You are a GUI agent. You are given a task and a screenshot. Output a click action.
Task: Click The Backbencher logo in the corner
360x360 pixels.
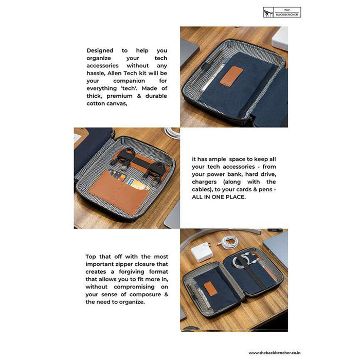point(282,12)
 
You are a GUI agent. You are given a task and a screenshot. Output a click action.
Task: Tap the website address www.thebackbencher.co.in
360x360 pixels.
point(275,353)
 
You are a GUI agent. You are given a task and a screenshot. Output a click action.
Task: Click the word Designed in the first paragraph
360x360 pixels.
point(100,50)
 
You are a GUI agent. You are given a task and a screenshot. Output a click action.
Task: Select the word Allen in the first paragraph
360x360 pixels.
point(115,73)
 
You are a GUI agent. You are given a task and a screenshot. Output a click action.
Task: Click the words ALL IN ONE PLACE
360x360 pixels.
point(219,197)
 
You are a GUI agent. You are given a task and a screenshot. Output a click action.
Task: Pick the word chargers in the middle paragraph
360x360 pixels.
point(204,182)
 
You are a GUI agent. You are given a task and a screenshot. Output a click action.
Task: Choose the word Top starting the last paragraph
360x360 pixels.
point(91,257)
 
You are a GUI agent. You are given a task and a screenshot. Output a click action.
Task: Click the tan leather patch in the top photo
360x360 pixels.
point(231,77)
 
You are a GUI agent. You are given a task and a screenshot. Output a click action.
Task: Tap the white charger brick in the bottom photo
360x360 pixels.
point(202,252)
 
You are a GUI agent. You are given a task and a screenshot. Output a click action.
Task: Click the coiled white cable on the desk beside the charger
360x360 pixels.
point(228,242)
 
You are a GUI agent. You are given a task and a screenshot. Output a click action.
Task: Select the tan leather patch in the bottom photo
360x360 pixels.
point(210,289)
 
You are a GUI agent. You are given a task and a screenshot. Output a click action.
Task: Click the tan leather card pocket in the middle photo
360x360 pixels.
point(119,193)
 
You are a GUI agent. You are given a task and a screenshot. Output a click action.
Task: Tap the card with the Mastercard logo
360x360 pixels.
point(118,176)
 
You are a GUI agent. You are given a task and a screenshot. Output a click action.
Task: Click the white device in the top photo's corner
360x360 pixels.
point(280,39)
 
